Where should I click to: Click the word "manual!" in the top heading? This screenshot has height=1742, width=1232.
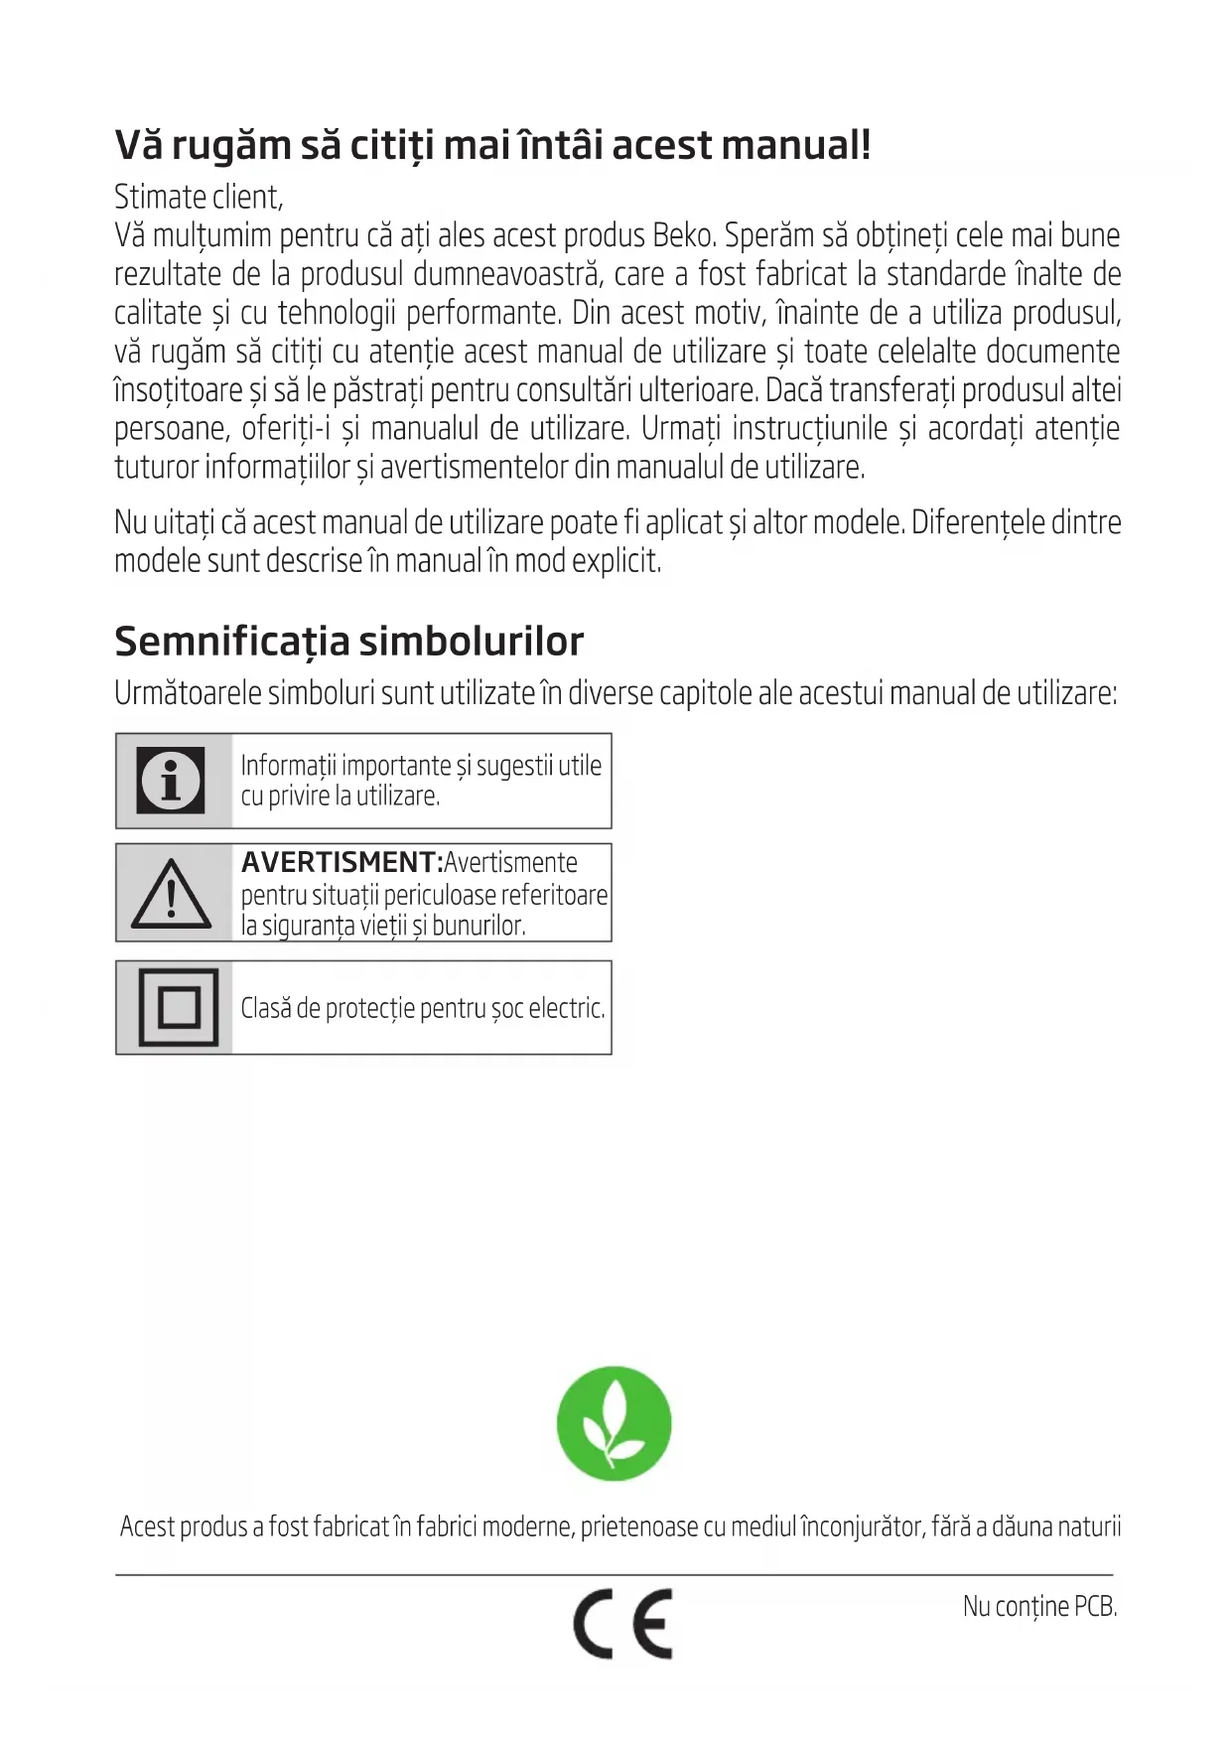796,145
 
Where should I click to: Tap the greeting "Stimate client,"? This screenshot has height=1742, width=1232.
199,197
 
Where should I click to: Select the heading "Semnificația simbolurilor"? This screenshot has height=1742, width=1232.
348,641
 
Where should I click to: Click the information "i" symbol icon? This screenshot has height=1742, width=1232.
171,780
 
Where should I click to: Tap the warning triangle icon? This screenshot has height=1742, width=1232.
171,893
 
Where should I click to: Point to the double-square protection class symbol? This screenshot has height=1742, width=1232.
178,1007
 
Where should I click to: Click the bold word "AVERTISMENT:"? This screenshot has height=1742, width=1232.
342,862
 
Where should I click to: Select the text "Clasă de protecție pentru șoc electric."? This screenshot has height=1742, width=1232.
422,1008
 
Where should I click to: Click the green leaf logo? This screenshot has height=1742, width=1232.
614,1423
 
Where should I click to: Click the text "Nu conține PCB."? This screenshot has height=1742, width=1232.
1039,1606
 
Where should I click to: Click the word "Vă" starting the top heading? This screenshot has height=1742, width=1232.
138,145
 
